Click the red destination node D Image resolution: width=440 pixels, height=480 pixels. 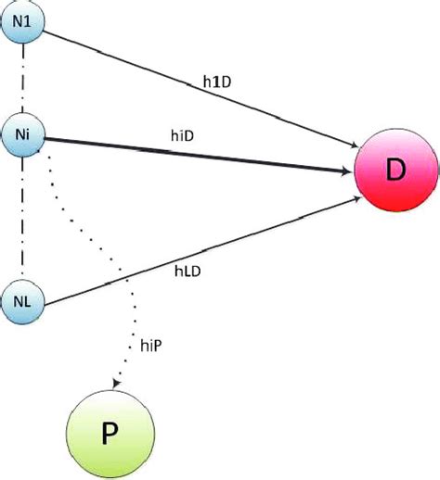tap(395, 170)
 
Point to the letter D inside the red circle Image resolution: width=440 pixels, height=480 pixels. tap(395, 171)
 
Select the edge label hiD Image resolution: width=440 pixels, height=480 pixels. tap(182, 135)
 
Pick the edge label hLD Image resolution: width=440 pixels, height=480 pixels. tap(188, 272)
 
